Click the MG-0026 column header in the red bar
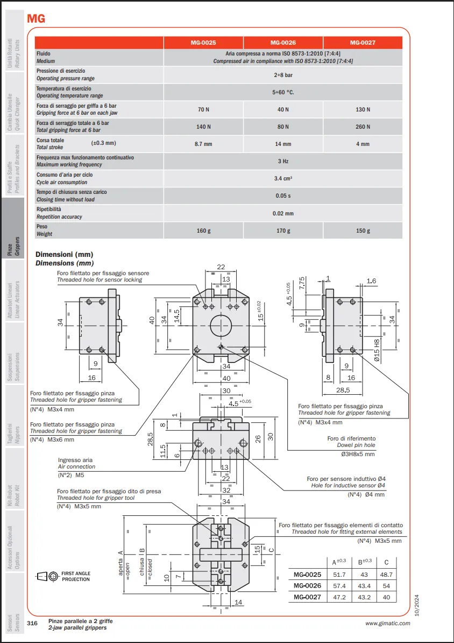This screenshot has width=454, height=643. (283, 43)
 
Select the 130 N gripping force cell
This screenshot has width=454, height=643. (363, 109)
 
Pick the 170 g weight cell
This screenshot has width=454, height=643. (283, 231)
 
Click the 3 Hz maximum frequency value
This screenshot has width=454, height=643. (283, 161)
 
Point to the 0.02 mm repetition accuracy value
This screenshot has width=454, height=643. (283, 213)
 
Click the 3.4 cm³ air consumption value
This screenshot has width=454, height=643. (283, 178)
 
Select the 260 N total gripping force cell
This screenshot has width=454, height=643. (363, 127)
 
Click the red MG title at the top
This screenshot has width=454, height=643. (36, 19)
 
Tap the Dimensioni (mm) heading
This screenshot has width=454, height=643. (65, 254)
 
